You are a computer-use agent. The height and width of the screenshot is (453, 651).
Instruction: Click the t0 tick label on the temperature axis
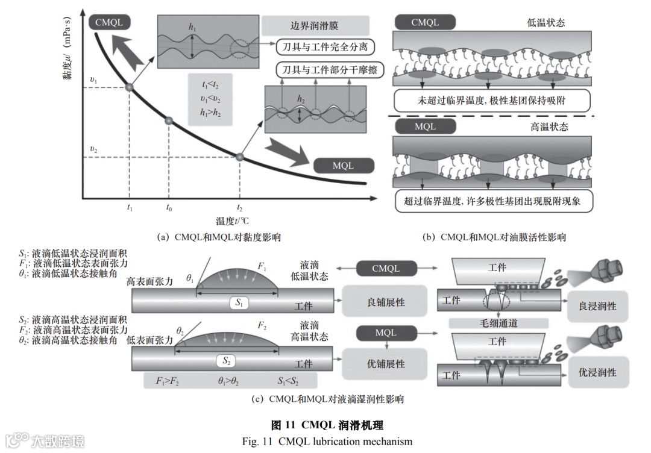tap(169, 208)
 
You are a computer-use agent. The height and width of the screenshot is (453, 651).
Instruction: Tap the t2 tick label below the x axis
tap(240, 208)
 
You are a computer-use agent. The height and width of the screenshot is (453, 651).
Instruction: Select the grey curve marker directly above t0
tap(169, 121)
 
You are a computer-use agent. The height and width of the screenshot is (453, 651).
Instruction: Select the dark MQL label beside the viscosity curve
tap(344, 165)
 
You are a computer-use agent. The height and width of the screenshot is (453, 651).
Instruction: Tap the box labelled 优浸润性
tap(597, 372)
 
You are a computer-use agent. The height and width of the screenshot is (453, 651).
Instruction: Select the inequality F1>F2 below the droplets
tap(168, 381)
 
